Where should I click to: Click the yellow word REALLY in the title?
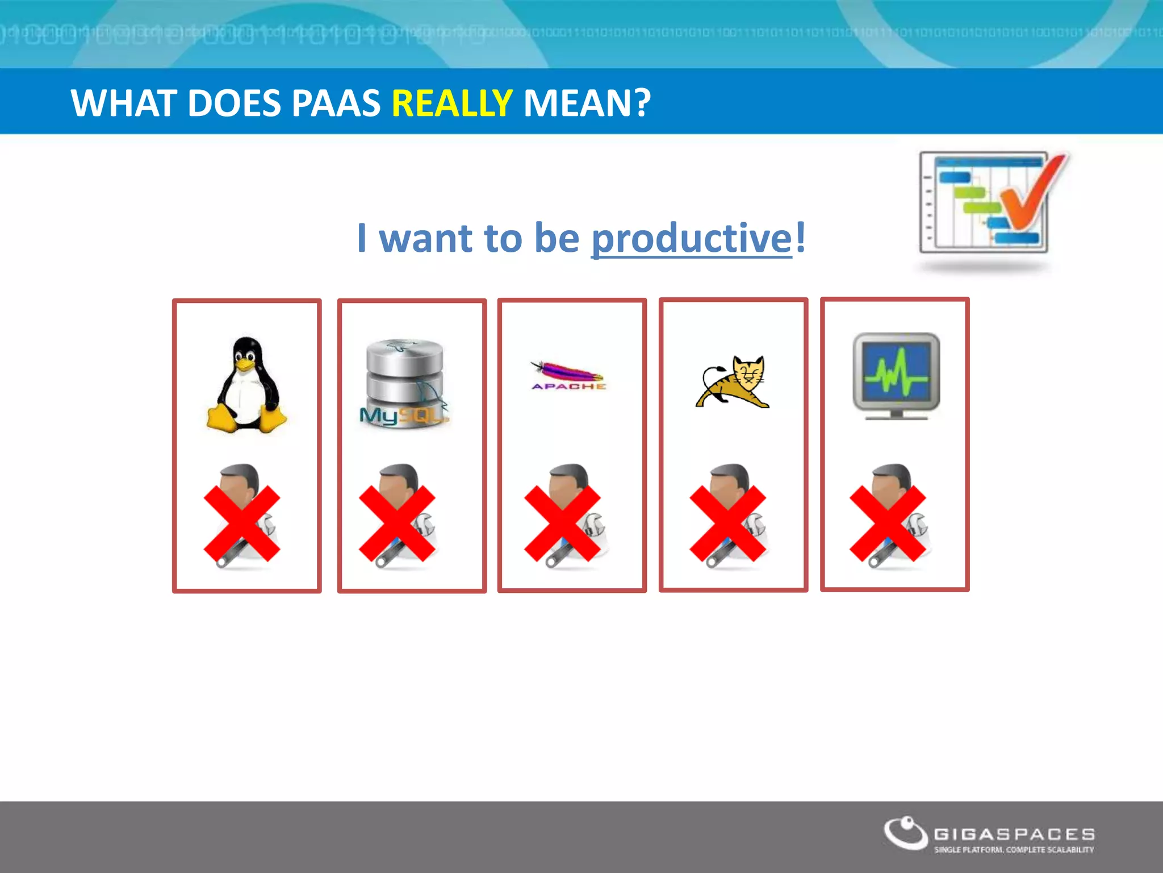coord(452,103)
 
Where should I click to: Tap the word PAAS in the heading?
coord(336,103)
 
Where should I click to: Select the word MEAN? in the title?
coord(587,103)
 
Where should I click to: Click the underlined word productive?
coord(691,238)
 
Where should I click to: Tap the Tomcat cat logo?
coord(733,382)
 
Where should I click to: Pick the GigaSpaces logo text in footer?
coord(1014,834)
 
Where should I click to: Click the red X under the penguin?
coord(242,523)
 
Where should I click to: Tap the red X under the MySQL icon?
coord(397,523)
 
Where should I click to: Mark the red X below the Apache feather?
coord(562,523)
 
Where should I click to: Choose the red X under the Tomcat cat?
coord(727,523)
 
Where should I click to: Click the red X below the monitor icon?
coord(888,523)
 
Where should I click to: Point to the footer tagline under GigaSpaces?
coord(1014,850)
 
